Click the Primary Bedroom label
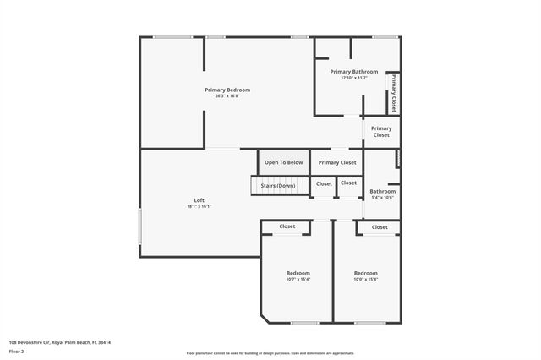coord(227,90)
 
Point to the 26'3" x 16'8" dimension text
coord(227,96)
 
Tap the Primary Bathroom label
coord(354,72)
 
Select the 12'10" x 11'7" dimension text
coord(354,78)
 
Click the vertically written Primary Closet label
coord(394,93)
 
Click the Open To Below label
coord(283,162)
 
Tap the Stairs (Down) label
coord(277,185)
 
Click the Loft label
coord(199,200)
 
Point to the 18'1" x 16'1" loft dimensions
coord(199,206)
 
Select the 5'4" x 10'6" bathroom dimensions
coord(382,198)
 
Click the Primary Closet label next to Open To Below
coord(337,162)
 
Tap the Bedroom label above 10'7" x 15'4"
coord(298,273)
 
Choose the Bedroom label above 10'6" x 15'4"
coord(365,273)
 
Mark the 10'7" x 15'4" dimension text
coord(298,280)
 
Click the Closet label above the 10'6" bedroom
coord(380,226)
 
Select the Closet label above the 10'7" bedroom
coord(287,226)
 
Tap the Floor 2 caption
coord(17,351)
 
